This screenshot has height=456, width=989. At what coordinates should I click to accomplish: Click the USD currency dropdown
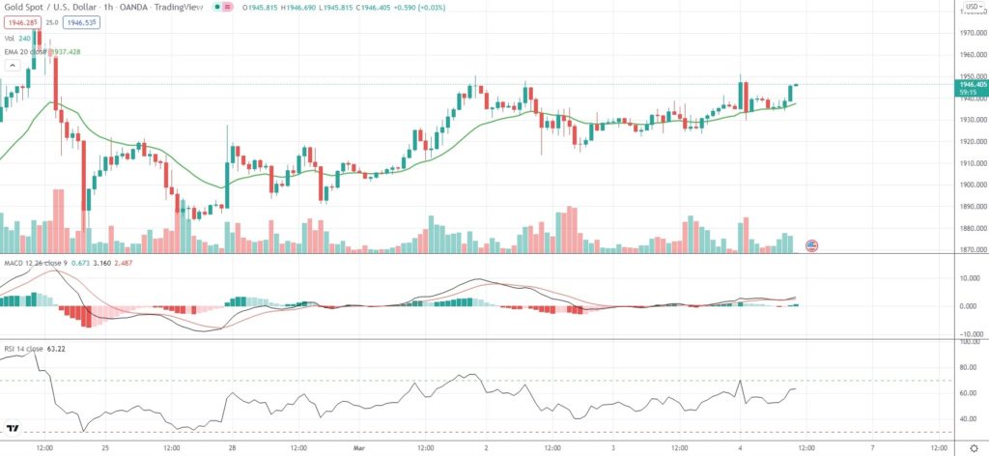click(971, 8)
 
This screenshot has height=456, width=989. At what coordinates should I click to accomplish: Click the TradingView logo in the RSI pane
click(14, 428)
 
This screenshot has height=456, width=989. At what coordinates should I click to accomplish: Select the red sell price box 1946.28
click(20, 20)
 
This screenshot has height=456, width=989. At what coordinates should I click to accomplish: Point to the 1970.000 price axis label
click(971, 33)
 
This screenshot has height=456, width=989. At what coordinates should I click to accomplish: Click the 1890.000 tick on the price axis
click(971, 207)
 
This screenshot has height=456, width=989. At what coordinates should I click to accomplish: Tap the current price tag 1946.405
click(971, 85)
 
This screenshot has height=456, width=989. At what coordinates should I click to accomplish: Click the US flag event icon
click(811, 245)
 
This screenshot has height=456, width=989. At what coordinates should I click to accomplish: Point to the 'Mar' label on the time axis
click(358, 448)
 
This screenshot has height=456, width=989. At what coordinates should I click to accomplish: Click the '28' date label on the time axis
click(233, 448)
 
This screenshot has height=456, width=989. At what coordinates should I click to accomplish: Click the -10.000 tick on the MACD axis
click(971, 333)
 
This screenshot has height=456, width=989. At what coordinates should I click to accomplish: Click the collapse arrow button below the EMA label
click(13, 66)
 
